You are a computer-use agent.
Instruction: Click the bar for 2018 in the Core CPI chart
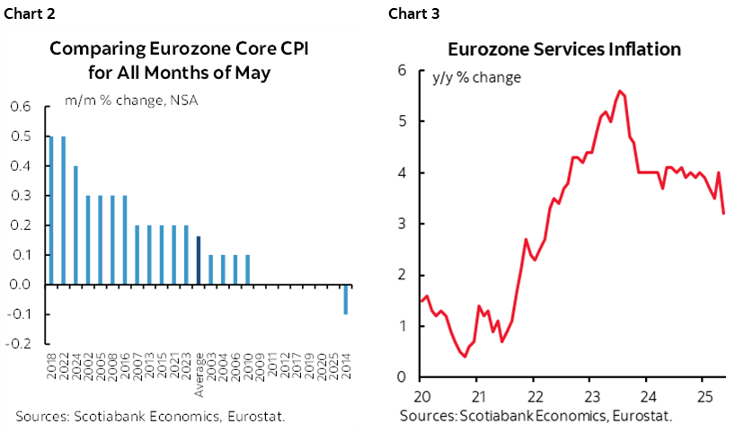pyautogui.click(x=51, y=210)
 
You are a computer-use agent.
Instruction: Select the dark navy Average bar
pyautogui.click(x=199, y=261)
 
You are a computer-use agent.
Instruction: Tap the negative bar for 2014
pyautogui.click(x=346, y=299)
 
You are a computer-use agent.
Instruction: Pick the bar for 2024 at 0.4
pyautogui.click(x=75, y=225)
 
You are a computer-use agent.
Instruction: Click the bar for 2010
pyautogui.click(x=247, y=270)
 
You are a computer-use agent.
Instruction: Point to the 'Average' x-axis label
pyautogui.click(x=199, y=366)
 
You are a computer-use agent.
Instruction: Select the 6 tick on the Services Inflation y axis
pyautogui.click(x=403, y=71)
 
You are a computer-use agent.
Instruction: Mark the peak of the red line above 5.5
pyautogui.click(x=619, y=91)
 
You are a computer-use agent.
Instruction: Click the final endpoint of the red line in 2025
pyautogui.click(x=724, y=213)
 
